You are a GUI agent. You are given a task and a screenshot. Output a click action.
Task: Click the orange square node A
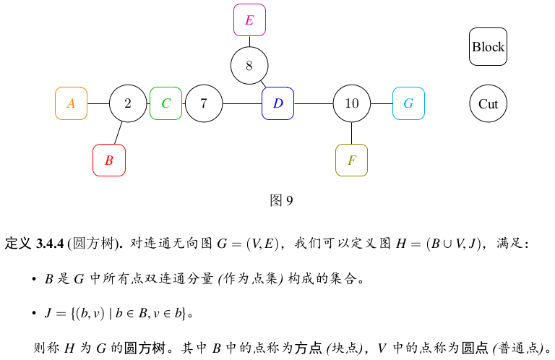[71, 103]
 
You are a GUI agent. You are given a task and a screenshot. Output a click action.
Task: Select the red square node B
[109, 160]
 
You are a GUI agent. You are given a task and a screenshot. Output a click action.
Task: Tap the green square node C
[165, 103]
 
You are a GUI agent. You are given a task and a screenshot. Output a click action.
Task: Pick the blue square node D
[277, 103]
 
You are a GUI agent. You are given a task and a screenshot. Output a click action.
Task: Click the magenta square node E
[249, 20]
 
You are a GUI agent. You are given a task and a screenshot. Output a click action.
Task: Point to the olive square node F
[351, 160]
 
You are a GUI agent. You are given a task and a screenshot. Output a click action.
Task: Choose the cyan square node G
[408, 103]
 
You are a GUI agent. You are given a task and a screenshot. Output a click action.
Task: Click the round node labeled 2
[128, 103]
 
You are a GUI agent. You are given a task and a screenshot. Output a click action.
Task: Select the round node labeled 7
[204, 103]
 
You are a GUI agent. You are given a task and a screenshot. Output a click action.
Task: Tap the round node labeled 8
[249, 66]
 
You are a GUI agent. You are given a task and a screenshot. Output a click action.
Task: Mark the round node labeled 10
[352, 103]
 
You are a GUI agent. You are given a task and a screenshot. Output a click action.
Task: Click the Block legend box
[488, 47]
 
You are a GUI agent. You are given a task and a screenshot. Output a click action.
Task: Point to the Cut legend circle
[488, 103]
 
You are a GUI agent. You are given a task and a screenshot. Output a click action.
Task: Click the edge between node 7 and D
[242, 103]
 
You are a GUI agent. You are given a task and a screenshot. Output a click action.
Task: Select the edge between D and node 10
[314, 103]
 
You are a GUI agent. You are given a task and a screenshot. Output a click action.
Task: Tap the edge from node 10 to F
[352, 133]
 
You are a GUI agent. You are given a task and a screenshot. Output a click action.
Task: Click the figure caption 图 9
[280, 200]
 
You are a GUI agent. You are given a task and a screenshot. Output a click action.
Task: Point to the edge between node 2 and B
[118, 133]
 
